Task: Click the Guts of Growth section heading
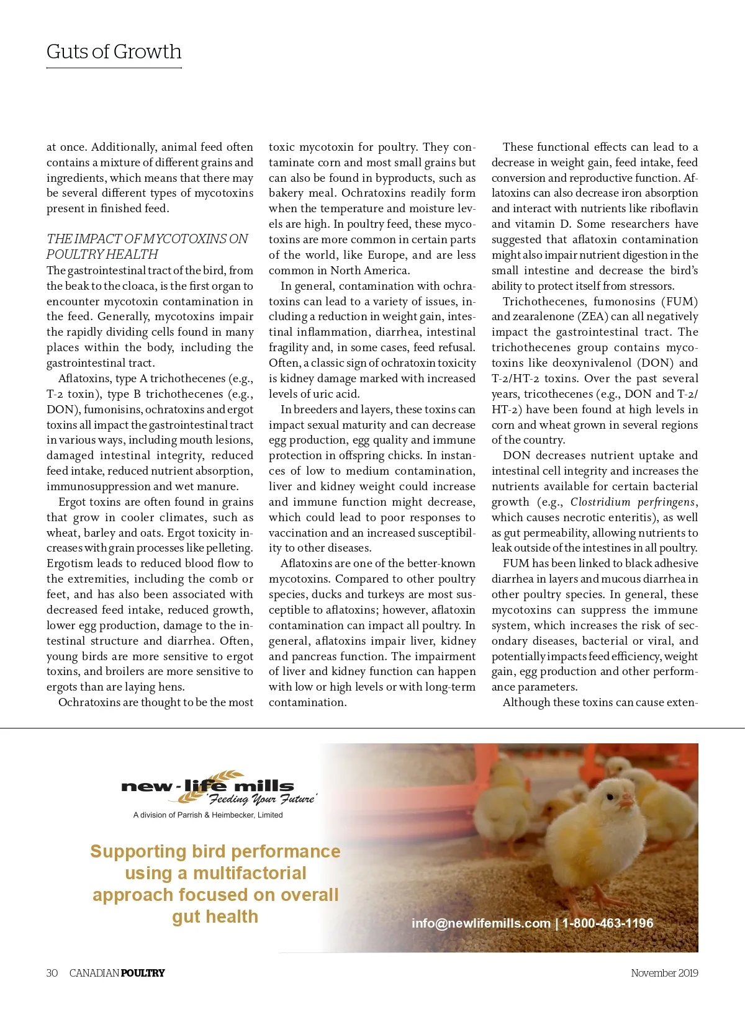(x=114, y=51)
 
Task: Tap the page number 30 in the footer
(x=52, y=973)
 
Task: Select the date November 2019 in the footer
(x=664, y=973)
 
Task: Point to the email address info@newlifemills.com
(x=481, y=923)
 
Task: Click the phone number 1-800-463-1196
(x=608, y=923)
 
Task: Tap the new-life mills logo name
(x=207, y=786)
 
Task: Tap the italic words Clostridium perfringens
(x=633, y=502)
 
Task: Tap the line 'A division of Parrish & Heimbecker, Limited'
(x=208, y=815)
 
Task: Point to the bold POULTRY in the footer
(x=143, y=973)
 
